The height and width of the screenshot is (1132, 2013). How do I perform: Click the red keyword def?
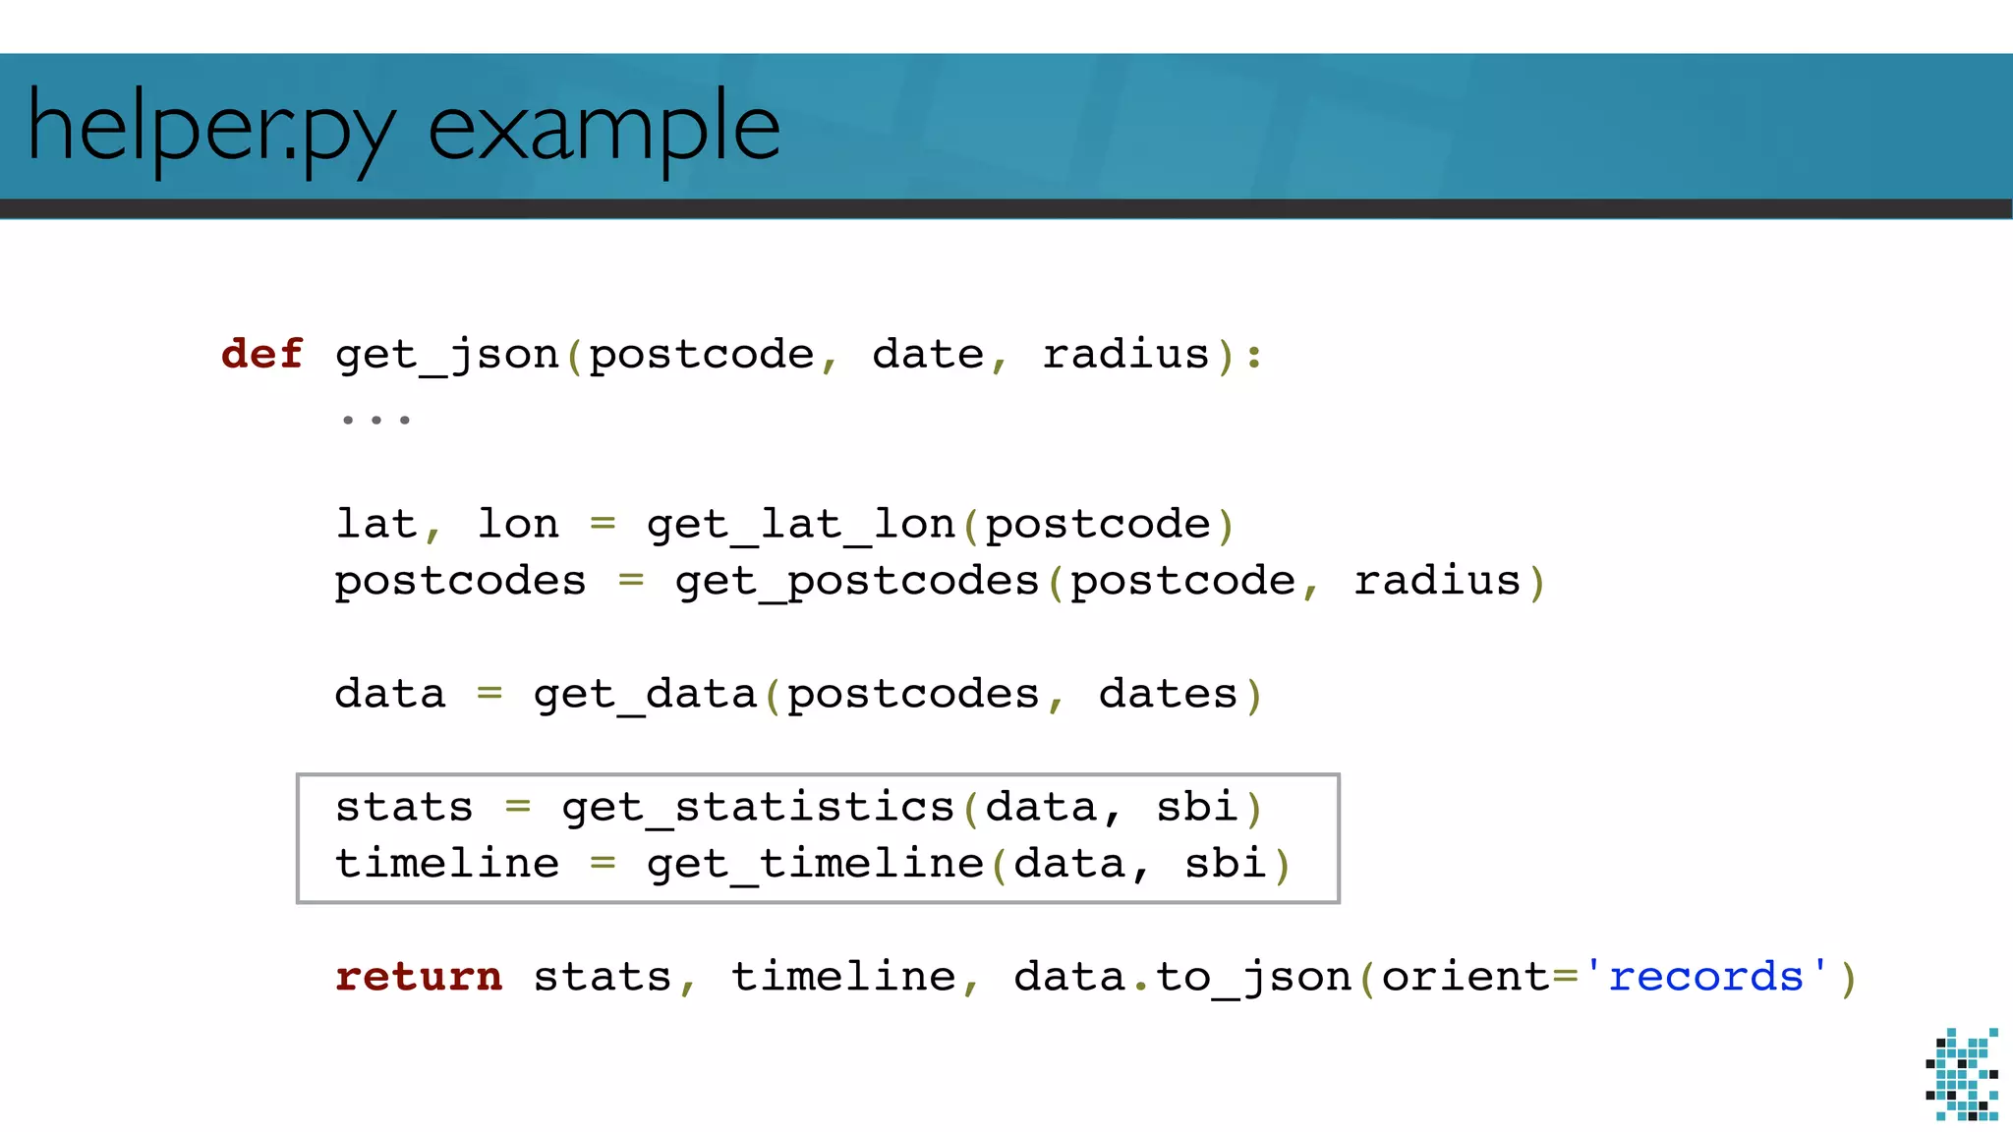point(261,354)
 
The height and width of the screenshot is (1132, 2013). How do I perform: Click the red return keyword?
point(419,977)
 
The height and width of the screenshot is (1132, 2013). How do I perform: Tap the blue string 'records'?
point(1706,977)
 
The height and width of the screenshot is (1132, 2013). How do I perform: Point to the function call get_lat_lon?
point(801,525)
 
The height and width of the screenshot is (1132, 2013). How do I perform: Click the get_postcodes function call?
point(857,582)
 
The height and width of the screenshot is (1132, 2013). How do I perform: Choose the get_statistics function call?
point(758,808)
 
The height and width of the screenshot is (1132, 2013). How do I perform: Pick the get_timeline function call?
point(815,865)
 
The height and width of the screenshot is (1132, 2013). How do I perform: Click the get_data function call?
point(645,695)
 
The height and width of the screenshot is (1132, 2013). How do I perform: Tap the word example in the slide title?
point(604,128)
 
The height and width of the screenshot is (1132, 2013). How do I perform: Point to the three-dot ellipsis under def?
point(375,420)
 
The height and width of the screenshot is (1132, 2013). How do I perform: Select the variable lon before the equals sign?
point(518,525)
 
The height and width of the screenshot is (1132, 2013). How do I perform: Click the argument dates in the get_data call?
point(1168,695)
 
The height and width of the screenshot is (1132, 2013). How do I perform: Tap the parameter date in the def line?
point(928,354)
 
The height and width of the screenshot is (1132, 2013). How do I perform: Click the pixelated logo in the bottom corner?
point(1962,1074)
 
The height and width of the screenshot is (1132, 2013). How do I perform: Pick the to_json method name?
point(1253,977)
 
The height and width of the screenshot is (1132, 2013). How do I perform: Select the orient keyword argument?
point(1465,977)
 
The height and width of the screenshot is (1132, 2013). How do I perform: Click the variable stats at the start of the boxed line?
point(404,808)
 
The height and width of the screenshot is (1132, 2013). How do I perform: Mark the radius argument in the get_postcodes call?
point(1437,582)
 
